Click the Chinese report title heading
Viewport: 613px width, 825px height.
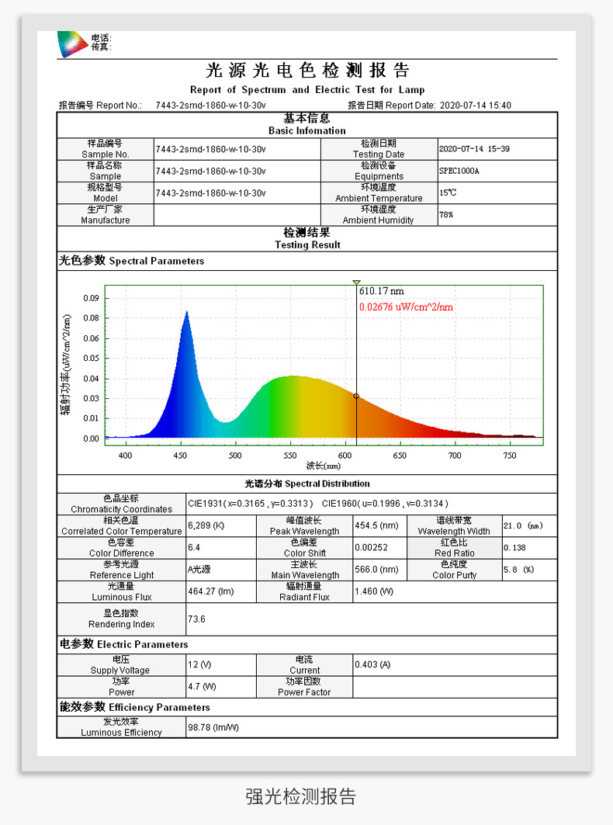coord(307,71)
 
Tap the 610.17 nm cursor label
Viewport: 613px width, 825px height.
coord(381,291)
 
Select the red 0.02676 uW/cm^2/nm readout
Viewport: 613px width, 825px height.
coord(406,307)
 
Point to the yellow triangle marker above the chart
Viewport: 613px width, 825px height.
coord(356,283)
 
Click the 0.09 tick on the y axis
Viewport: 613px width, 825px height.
coord(91,298)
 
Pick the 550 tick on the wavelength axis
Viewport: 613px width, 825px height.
coord(290,456)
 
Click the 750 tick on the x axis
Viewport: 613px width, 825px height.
coord(510,456)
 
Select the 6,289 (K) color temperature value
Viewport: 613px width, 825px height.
coord(206,525)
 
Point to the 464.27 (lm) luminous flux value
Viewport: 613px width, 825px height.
coord(210,591)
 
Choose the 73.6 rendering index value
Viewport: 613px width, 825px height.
coord(197,619)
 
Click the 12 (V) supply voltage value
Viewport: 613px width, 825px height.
coord(199,664)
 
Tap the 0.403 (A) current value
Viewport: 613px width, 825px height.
coord(372,664)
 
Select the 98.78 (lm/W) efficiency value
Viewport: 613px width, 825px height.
coord(213,727)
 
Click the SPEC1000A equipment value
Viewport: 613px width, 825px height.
coord(459,171)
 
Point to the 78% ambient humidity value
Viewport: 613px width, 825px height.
coord(446,215)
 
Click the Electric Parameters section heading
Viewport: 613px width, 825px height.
coord(124,644)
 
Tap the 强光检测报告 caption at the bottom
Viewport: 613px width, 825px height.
coord(301,796)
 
